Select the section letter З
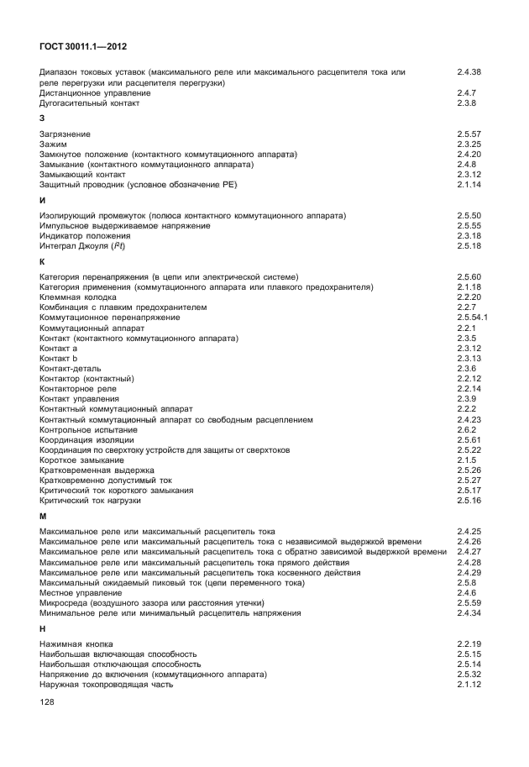click(x=42, y=118)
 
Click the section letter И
click(x=43, y=201)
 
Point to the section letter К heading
click(x=43, y=262)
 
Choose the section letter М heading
click(x=43, y=516)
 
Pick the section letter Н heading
click(x=43, y=628)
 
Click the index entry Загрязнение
click(x=65, y=134)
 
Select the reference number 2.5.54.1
click(x=472, y=318)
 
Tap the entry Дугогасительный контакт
click(x=89, y=103)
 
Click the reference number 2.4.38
click(x=469, y=72)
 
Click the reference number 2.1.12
click(x=469, y=684)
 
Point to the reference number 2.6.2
click(x=465, y=429)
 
